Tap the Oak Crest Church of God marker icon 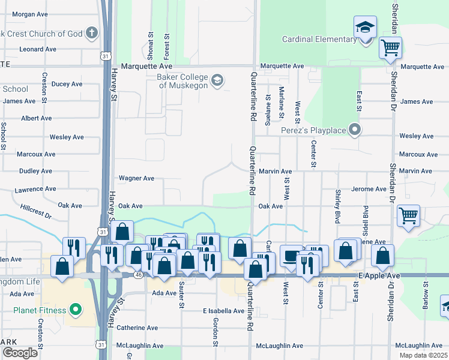pyautogui.click(x=92, y=33)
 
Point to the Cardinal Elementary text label pyautogui.click(x=320, y=40)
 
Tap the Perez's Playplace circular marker pyautogui.click(x=355, y=129)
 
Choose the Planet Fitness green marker pyautogui.click(x=75, y=310)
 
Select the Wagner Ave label pyautogui.click(x=136, y=178)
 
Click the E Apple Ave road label pyautogui.click(x=379, y=275)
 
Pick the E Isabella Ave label pyautogui.click(x=223, y=311)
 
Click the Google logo pyautogui.click(x=20, y=353)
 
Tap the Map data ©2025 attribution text pyautogui.click(x=423, y=355)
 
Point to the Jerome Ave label pyautogui.click(x=369, y=189)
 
